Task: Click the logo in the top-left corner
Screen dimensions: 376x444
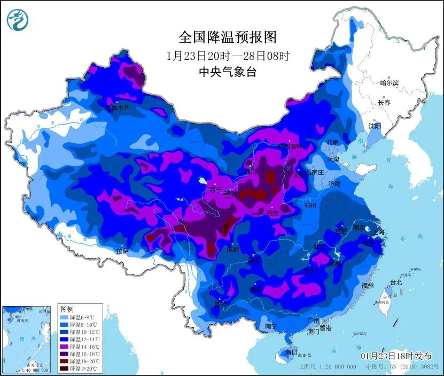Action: pyautogui.click(x=18, y=20)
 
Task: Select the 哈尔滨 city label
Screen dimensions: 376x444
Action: pyautogui.click(x=389, y=83)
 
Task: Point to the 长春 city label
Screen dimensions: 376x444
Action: pyautogui.click(x=384, y=102)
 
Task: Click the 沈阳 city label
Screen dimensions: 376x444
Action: pyautogui.click(x=375, y=126)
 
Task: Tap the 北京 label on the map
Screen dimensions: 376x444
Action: pyautogui.click(x=332, y=142)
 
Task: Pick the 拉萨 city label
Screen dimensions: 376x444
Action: pyautogui.click(x=122, y=251)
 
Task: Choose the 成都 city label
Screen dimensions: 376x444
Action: pyautogui.click(x=232, y=249)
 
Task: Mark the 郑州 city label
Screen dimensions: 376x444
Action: pyautogui.click(x=310, y=205)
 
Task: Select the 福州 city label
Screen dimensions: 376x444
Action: pyautogui.click(x=368, y=285)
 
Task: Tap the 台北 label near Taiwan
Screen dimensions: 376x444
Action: pyautogui.click(x=395, y=282)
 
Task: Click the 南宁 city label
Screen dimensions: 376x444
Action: pyautogui.click(x=271, y=326)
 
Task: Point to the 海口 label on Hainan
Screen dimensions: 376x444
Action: pyautogui.click(x=291, y=352)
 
